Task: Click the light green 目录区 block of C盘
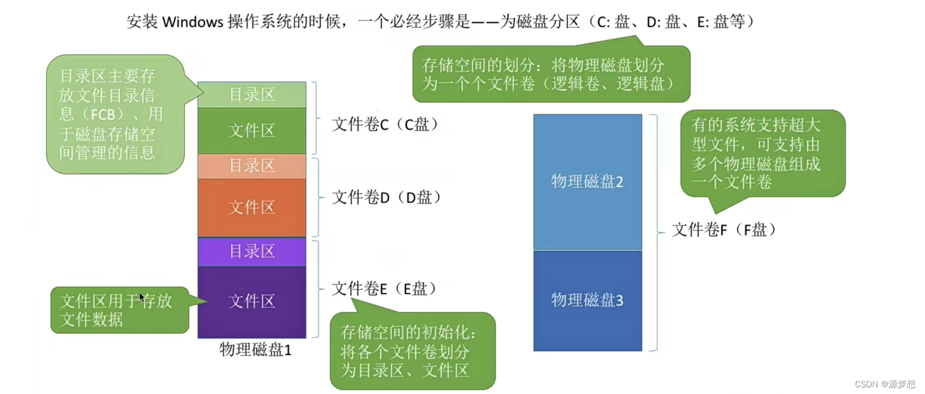tap(252, 95)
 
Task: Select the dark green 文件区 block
tap(252, 130)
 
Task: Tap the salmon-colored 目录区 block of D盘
tap(252, 166)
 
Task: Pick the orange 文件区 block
tap(252, 207)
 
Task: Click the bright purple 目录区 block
tap(252, 251)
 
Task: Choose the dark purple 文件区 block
tap(252, 301)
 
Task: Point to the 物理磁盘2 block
tap(587, 181)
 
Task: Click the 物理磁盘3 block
tap(587, 300)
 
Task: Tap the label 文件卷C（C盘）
tap(384, 125)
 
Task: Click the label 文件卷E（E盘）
tap(384, 289)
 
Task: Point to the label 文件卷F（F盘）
tap(724, 230)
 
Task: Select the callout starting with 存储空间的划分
tap(551, 74)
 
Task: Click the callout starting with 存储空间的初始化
tap(412, 351)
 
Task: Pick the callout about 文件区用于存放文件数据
tap(119, 310)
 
